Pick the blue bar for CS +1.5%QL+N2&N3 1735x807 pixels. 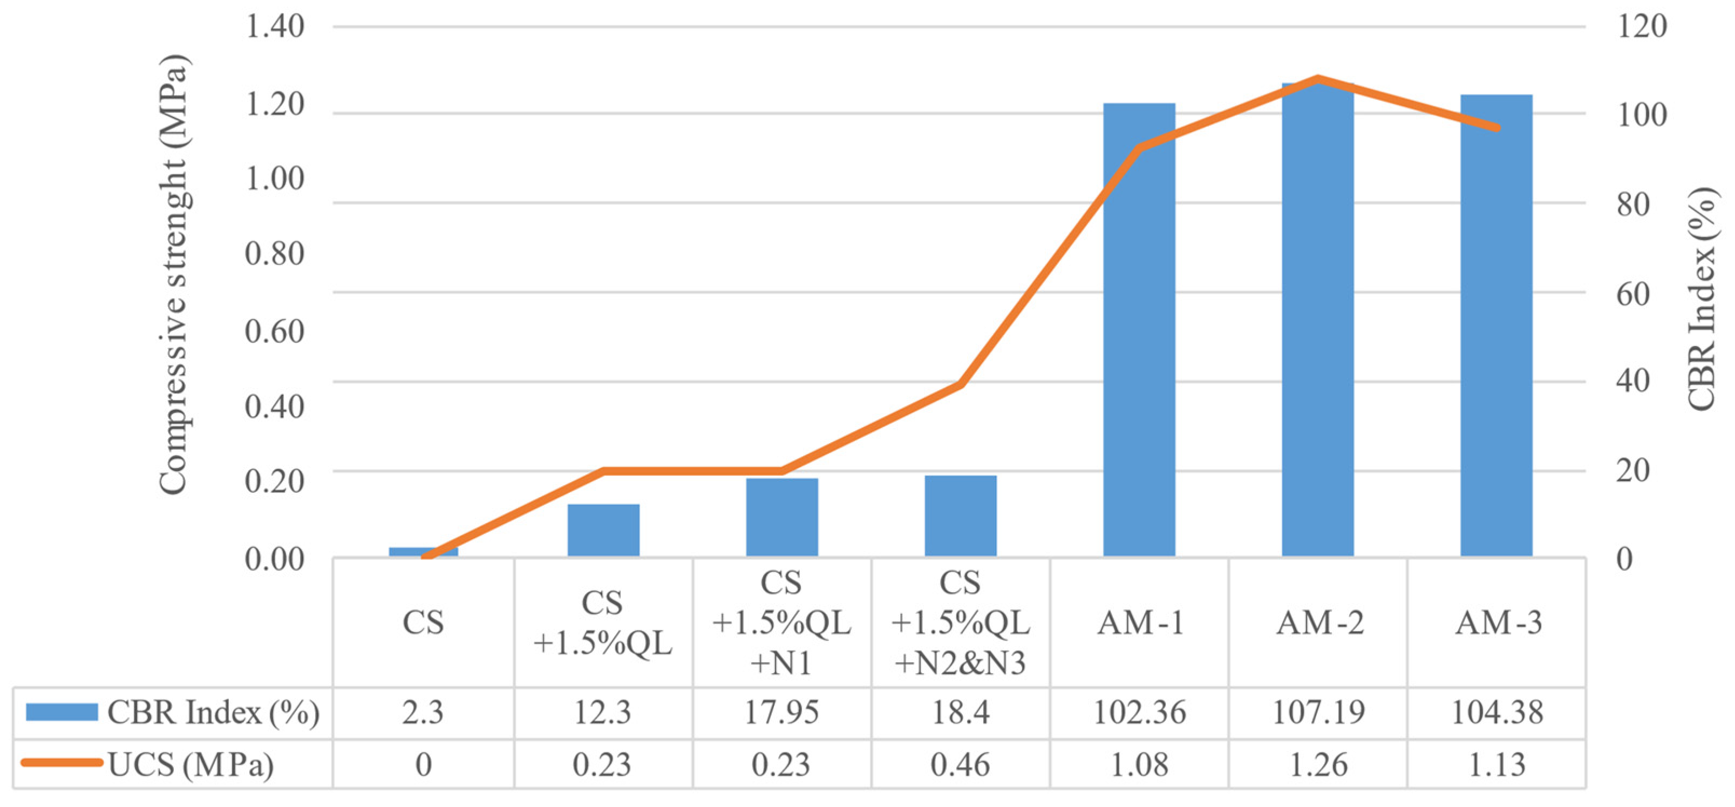click(961, 516)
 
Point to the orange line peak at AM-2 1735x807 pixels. click(1318, 79)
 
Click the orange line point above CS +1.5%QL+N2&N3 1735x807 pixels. click(961, 384)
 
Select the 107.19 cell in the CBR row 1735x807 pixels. click(1318, 712)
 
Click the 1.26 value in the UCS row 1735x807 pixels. click(1318, 764)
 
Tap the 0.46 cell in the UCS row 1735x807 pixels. click(961, 764)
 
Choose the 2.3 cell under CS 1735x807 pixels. click(423, 712)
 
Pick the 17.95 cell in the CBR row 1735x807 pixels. click(781, 712)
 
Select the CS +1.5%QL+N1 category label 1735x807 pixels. click(781, 622)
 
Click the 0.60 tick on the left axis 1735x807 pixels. click(274, 331)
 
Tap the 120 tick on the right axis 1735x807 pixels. click(1642, 27)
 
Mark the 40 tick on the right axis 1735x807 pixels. click(1634, 381)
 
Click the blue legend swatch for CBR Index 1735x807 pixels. click(62, 712)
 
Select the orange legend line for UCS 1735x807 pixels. click(62, 763)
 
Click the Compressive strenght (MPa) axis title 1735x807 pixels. click(174, 276)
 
